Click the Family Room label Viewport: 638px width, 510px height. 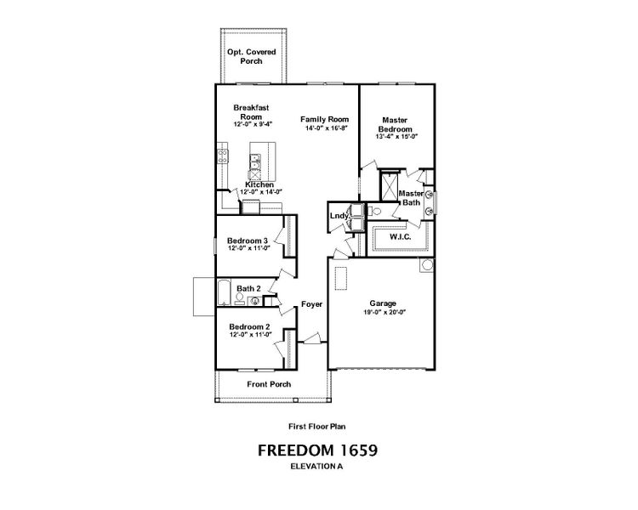pos(325,120)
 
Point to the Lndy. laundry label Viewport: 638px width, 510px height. pos(339,217)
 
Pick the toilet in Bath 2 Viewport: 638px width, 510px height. pos(253,299)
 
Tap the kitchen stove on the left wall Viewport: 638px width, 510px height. pos(223,156)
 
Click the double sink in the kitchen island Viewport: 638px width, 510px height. pos(255,159)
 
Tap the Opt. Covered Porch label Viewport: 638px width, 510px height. pos(251,57)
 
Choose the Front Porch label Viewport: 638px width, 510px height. pos(269,384)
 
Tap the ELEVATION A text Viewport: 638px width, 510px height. pos(318,467)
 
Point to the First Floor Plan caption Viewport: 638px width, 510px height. pos(318,427)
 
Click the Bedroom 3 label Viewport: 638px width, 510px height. pos(248,241)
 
